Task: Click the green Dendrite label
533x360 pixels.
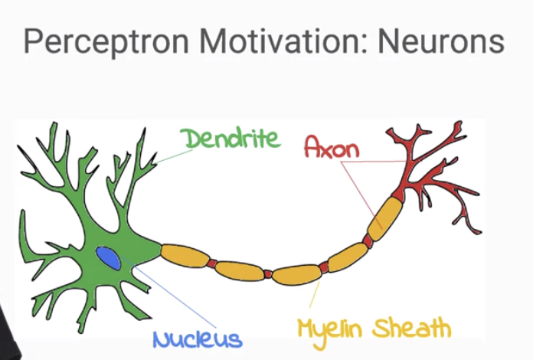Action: [231, 139]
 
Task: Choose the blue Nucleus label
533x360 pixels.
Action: [197, 339]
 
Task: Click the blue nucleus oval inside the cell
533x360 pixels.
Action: [108, 258]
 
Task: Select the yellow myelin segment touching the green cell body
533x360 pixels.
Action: [184, 257]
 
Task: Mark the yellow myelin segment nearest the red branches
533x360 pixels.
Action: [383, 218]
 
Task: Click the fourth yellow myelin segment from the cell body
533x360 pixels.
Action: [346, 257]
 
